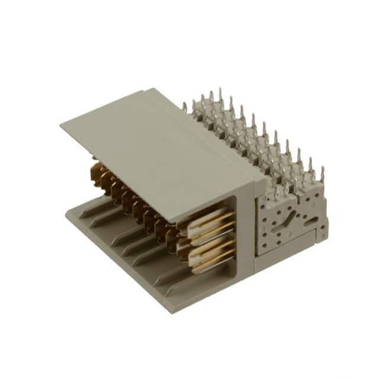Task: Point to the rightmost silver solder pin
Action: tap(322, 174)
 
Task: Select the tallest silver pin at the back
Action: tap(220, 95)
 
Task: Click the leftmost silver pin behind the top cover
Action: tap(185, 107)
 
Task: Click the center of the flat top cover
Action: tap(160, 148)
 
